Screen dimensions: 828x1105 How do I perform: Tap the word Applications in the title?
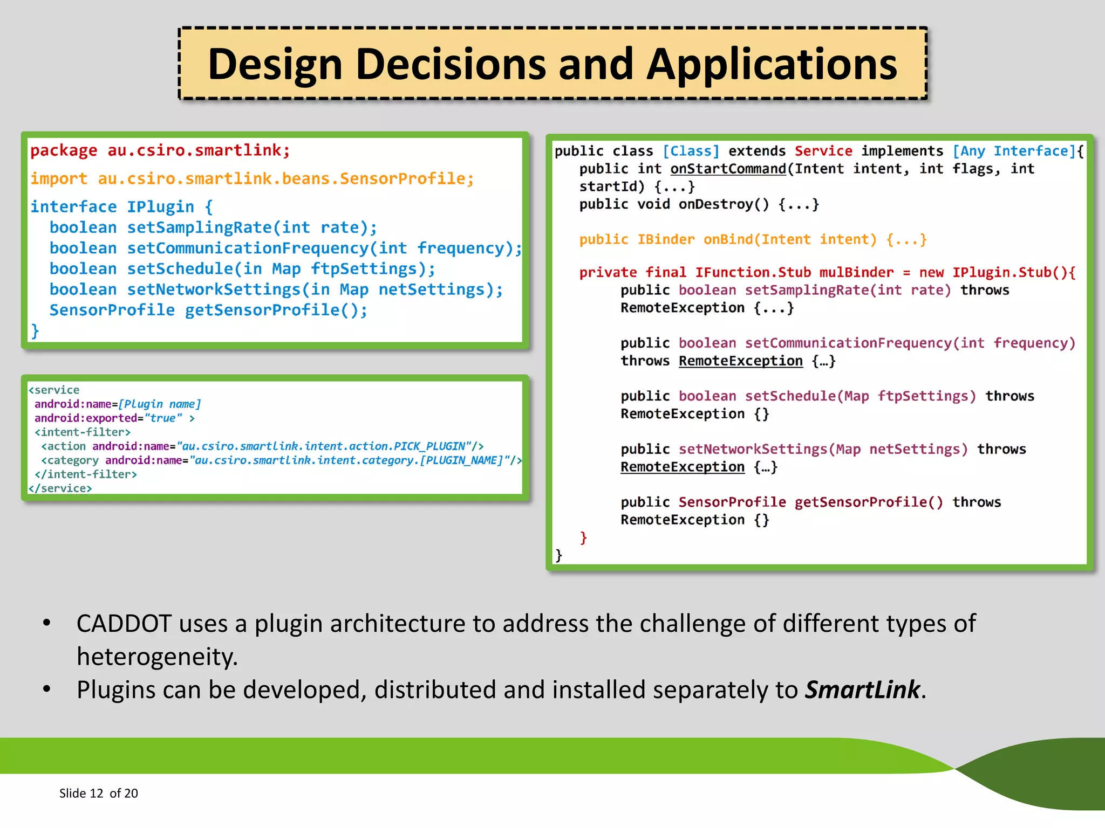[x=772, y=64]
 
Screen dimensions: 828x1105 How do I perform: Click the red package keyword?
[x=64, y=150]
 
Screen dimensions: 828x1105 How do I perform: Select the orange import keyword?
[x=58, y=178]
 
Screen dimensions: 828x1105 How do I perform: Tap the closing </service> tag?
[x=60, y=488]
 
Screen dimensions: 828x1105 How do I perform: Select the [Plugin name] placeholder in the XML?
[x=159, y=404]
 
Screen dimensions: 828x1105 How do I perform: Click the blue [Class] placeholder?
[x=691, y=151]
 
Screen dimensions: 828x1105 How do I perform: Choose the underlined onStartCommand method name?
[x=728, y=169]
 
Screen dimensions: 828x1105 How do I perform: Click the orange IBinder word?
[x=666, y=239]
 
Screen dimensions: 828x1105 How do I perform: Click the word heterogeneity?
[x=156, y=657]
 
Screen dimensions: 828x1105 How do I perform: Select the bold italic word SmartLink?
[x=862, y=690]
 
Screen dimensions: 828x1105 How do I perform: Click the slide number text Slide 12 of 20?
[x=98, y=793]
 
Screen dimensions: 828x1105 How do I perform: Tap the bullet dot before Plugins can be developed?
[x=47, y=689]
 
